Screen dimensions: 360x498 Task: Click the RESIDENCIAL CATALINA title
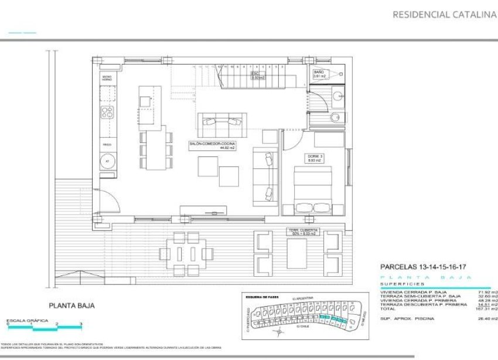[x=444, y=15]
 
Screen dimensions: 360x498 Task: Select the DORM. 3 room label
[x=315, y=157]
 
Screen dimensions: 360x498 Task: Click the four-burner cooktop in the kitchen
[x=108, y=112]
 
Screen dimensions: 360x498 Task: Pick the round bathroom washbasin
[x=336, y=117]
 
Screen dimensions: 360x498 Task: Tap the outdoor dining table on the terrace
[x=187, y=253]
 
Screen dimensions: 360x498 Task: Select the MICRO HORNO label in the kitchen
[x=107, y=78]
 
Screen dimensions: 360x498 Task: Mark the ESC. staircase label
[x=255, y=74]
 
